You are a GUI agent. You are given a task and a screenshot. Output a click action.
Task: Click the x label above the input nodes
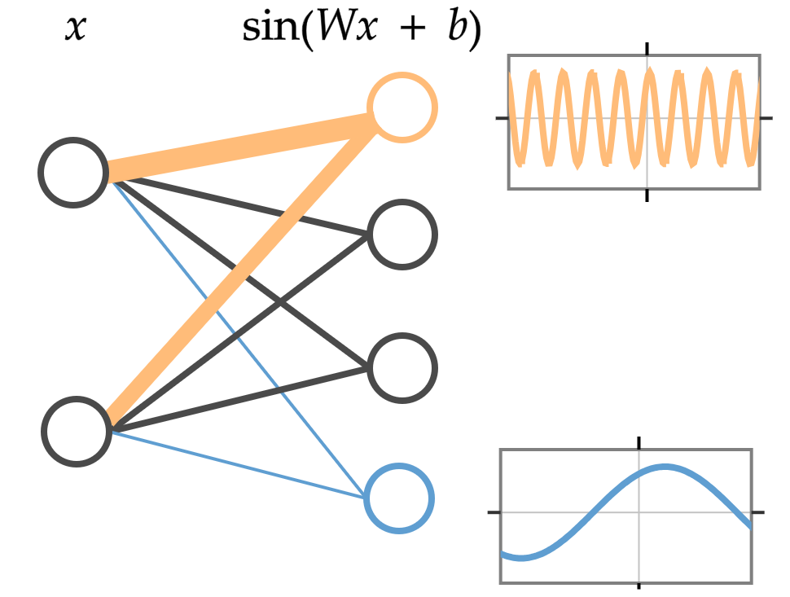tap(75, 30)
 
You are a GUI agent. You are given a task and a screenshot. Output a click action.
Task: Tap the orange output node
tap(402, 107)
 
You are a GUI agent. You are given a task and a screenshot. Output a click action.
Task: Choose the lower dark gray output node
tap(402, 367)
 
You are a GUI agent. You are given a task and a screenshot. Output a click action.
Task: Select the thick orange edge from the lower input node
tap(244, 269)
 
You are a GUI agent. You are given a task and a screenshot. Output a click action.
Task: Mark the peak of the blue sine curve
tap(666, 468)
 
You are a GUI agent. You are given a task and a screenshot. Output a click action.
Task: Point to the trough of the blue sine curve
tap(520, 558)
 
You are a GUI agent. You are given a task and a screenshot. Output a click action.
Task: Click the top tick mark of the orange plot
tap(647, 48)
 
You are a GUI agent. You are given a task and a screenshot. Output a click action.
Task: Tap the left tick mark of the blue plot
tap(494, 512)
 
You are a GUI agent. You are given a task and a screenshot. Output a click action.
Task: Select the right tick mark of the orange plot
tap(766, 118)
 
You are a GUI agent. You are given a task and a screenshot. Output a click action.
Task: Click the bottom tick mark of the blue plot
tap(639, 586)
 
